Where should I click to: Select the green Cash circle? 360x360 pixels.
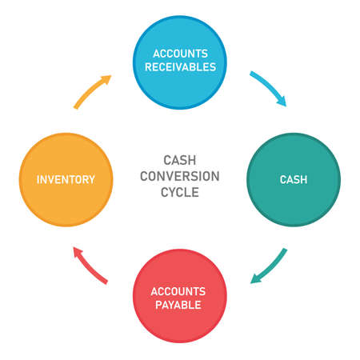click(293, 179)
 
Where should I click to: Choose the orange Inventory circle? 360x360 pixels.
click(66, 179)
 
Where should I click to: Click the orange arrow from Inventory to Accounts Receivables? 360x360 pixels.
click(91, 91)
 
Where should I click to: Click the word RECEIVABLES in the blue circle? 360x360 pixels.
click(180, 67)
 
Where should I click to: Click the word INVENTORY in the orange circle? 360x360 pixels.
click(66, 179)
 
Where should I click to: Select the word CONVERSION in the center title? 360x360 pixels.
click(180, 176)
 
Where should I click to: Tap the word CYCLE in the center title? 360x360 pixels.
click(180, 193)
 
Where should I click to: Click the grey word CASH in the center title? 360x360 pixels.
click(180, 159)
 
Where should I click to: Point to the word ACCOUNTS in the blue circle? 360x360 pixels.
click(180, 53)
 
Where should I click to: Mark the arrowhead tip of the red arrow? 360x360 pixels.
click(74, 248)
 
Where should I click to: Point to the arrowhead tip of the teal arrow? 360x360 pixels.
click(251, 282)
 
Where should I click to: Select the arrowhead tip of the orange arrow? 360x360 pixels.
click(110, 77)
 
